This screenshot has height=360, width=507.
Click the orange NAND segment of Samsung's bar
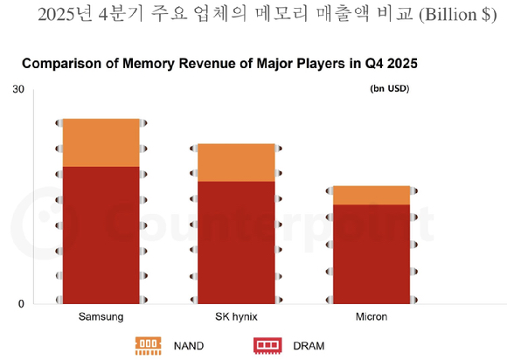pyautogui.click(x=101, y=142)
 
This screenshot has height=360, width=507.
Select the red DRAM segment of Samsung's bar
pyautogui.click(x=101, y=234)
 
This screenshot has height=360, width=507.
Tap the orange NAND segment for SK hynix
pyautogui.click(x=235, y=162)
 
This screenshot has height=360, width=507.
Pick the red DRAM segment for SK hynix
pyautogui.click(x=235, y=242)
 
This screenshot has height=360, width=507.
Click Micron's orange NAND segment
pyautogui.click(x=372, y=195)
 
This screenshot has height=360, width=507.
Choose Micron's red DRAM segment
pyautogui.click(x=372, y=253)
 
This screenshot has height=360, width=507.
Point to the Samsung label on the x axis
pyautogui.click(x=101, y=315)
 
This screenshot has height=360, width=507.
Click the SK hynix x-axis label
pyautogui.click(x=235, y=315)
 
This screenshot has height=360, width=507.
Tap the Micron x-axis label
pyautogui.click(x=372, y=315)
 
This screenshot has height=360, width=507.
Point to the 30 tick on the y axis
pyautogui.click(x=17, y=90)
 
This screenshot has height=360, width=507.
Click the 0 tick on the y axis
pyautogui.click(x=21, y=304)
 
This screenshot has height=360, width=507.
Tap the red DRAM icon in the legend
pyautogui.click(x=266, y=346)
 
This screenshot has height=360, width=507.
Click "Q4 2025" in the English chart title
pyautogui.click(x=385, y=64)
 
